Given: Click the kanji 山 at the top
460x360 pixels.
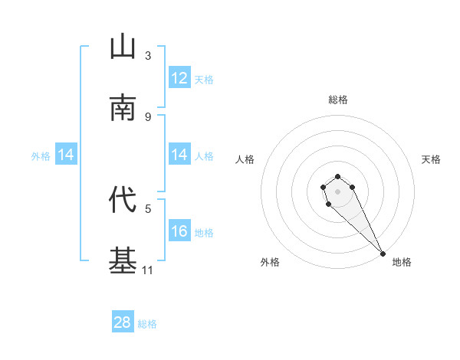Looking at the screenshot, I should pyautogui.click(x=123, y=47).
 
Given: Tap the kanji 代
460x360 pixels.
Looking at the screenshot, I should pyautogui.click(x=123, y=200).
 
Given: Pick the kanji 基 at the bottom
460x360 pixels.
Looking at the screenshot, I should pyautogui.click(x=123, y=261).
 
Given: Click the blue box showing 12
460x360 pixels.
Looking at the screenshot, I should pyautogui.click(x=179, y=78).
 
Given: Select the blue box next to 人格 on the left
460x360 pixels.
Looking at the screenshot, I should pyautogui.click(x=179, y=155).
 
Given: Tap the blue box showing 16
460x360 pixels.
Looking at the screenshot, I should pyautogui.click(x=179, y=231).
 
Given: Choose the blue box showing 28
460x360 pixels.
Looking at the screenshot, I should pyautogui.click(x=123, y=322).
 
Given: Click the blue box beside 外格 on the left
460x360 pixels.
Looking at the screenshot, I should pyautogui.click(x=66, y=155).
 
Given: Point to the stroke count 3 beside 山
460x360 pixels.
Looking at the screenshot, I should pyautogui.click(x=148, y=55).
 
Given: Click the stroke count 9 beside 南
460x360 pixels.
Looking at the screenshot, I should pyautogui.click(x=148, y=116).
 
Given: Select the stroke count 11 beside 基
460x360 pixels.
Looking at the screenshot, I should pyautogui.click(x=148, y=270).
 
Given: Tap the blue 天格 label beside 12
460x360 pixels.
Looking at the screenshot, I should pyautogui.click(x=204, y=79).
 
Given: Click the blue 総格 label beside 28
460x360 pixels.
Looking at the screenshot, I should pyautogui.click(x=147, y=324).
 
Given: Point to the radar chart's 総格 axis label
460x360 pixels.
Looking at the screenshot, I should pyautogui.click(x=338, y=100).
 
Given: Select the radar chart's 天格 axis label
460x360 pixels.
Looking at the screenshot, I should pyautogui.click(x=431, y=159).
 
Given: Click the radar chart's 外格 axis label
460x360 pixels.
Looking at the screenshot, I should pyautogui.click(x=270, y=262).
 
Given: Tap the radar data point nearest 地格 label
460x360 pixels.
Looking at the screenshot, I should pyautogui.click(x=383, y=254).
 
